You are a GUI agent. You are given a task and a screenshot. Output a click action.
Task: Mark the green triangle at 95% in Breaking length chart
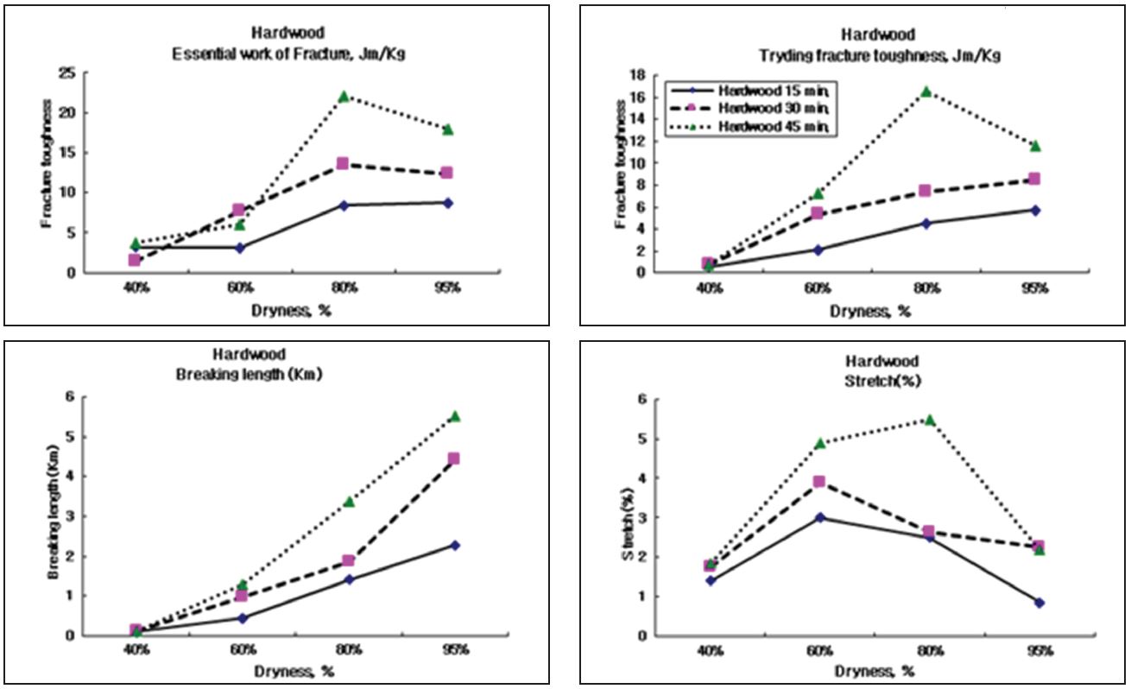(454, 416)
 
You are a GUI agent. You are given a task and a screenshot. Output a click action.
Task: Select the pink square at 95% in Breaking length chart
(454, 458)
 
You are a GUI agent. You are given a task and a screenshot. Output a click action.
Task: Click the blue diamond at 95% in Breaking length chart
(454, 545)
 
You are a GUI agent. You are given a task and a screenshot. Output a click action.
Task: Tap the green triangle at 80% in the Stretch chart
(930, 420)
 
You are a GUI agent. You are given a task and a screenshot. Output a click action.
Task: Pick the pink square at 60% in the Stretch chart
(819, 482)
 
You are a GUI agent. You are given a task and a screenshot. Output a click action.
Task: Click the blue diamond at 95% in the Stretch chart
(1039, 603)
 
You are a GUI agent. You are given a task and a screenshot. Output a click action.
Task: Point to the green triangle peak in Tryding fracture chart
(926, 91)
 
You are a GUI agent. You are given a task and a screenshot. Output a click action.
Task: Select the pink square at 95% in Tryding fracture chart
(1034, 179)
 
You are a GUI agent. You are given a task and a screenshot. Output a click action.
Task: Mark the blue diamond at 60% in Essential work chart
(239, 248)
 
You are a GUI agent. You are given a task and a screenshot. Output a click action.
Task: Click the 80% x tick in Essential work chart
(344, 288)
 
